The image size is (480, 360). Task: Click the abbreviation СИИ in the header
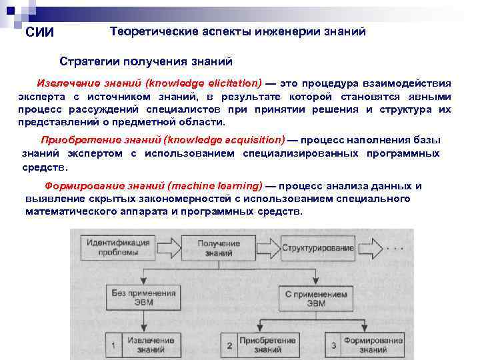[x=39, y=33]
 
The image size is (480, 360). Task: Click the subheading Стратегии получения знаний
[x=146, y=61]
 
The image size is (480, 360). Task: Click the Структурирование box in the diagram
[x=317, y=248]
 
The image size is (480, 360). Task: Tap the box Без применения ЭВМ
[x=141, y=297]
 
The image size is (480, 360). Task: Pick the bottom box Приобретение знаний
[x=269, y=345]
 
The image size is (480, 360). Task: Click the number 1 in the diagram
[x=115, y=345]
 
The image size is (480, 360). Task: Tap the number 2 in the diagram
[x=229, y=345]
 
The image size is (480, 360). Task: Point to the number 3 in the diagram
[x=334, y=345]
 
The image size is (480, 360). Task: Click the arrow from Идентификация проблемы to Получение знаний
[x=167, y=247]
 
